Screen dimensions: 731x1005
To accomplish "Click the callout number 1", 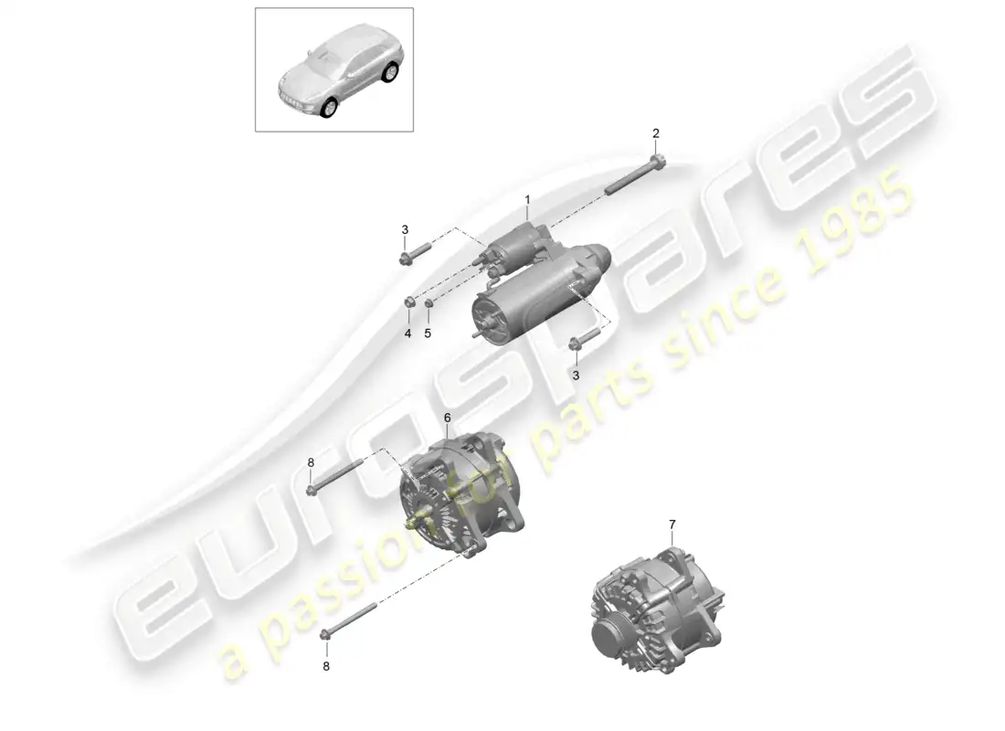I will (x=527, y=199).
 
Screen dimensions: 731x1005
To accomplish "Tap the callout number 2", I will (x=655, y=133).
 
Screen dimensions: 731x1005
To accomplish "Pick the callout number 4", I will (x=408, y=334).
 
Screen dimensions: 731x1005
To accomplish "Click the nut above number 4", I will (x=411, y=302).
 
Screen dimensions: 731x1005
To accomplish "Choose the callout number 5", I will (x=427, y=334).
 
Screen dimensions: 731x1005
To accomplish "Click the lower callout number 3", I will (x=576, y=375).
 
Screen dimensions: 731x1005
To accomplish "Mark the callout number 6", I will (x=447, y=418).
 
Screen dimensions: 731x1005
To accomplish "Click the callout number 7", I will (x=672, y=524).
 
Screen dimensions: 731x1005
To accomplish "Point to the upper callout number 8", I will (x=311, y=462).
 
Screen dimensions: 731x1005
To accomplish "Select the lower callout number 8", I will (x=326, y=666).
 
